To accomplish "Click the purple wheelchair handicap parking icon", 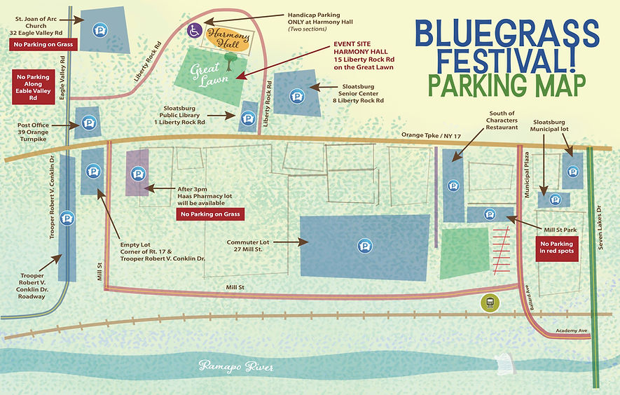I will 195,31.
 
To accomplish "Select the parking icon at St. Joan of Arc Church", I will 100,30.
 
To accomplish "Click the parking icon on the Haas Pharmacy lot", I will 138,174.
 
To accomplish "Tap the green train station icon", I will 488,303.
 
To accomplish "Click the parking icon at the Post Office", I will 88,125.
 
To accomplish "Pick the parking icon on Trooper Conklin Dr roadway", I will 67,217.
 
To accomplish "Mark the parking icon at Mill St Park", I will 490,214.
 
